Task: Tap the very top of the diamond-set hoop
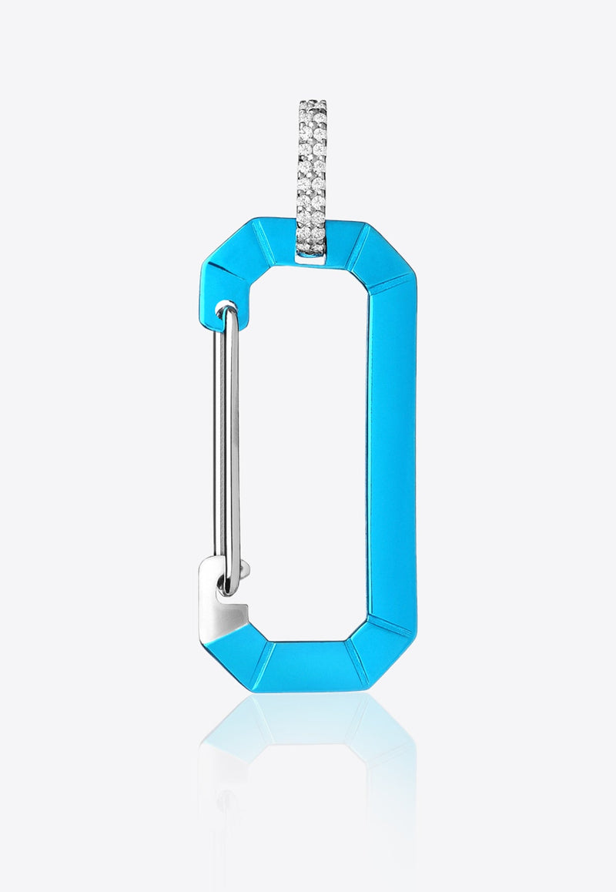pos(312,102)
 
